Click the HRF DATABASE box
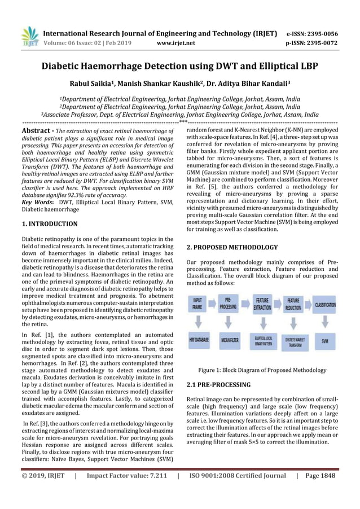[x=199, y=340]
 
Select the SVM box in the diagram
[x=325, y=341]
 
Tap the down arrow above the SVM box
[x=325, y=322]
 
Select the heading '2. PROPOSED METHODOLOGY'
[x=232, y=247]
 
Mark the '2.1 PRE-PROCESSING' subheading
[x=218, y=385]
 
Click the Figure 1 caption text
[x=262, y=370]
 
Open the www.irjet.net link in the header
[x=175, y=42]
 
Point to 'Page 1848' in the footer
[x=321, y=475]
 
